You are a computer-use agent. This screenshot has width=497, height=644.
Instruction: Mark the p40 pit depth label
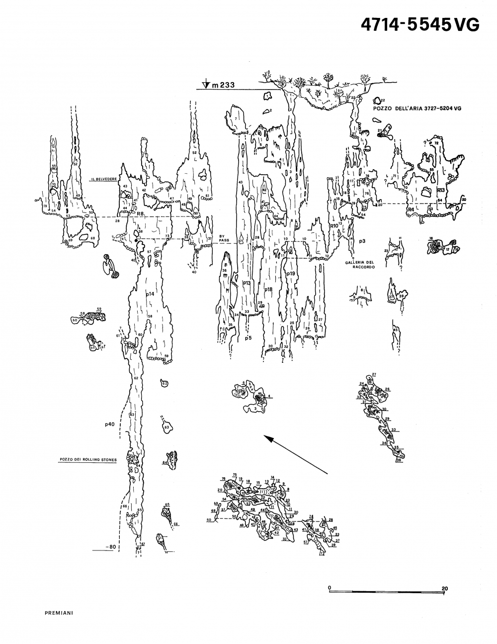coord(110,425)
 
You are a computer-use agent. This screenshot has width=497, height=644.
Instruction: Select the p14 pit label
coord(150,295)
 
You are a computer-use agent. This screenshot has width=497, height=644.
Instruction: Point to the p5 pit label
coord(248,338)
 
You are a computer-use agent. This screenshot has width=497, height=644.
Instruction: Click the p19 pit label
coord(291,274)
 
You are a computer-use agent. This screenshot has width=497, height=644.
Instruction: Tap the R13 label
coord(440,190)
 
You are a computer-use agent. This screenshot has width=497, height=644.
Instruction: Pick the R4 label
coord(411,210)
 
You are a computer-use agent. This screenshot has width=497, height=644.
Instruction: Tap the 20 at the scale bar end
coord(444,588)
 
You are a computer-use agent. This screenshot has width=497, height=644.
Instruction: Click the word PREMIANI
coord(59,613)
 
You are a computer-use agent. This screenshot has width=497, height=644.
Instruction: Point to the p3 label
coord(362,241)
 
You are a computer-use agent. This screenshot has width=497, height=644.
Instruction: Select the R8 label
coord(141,214)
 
